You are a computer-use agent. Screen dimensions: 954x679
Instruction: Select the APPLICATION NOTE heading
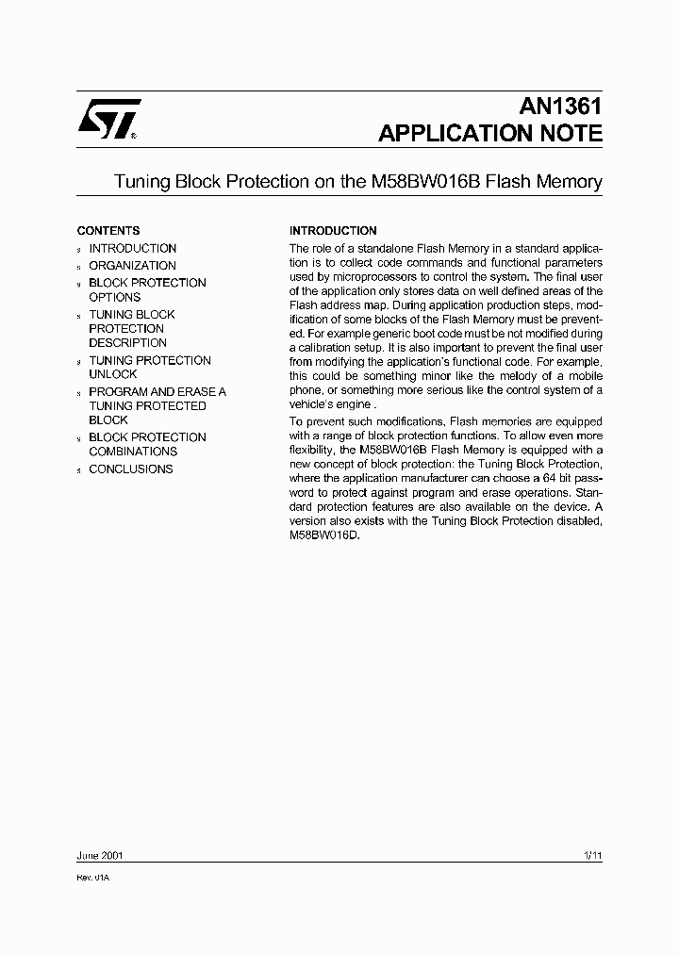coord(489,134)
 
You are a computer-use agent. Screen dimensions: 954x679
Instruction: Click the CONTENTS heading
coord(108,230)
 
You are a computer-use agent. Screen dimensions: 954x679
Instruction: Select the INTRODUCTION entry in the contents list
coord(132,248)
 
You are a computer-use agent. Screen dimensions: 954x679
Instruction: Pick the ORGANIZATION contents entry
coord(132,266)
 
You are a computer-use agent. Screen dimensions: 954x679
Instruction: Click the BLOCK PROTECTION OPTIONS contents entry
coord(146,289)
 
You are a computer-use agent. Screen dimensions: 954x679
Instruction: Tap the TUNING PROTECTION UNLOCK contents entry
coord(149,367)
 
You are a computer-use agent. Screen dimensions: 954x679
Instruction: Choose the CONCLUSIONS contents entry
coord(130,469)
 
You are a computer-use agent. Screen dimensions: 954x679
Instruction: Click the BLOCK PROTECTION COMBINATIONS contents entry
coord(146,444)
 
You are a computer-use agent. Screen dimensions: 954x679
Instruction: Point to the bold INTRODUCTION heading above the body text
coord(333,230)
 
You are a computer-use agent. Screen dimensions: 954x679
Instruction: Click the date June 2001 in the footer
coord(99,856)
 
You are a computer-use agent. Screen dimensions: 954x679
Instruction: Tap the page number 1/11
coord(592,856)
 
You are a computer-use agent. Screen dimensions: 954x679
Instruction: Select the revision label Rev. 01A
coord(93,877)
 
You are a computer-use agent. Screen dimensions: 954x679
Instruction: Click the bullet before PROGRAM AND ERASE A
coord(79,393)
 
